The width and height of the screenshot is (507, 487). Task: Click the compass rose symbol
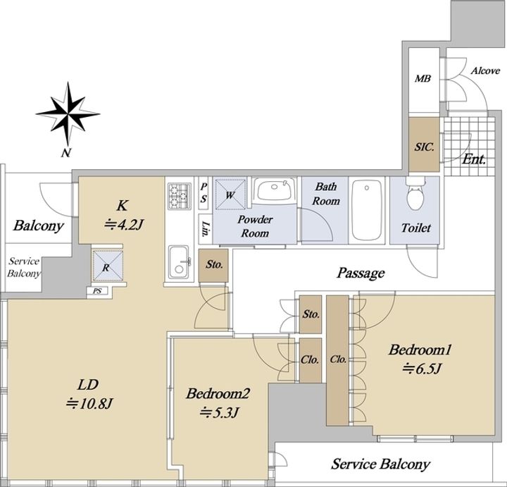coord(68,114)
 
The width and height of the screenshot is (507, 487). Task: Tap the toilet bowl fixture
coord(416,194)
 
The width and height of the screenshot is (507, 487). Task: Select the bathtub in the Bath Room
coord(367,210)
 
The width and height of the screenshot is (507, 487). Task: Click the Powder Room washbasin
coord(274,190)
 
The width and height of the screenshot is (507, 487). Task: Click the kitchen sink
coord(179,262)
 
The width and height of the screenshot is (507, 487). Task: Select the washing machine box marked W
coord(230,194)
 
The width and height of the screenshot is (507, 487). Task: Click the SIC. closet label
coord(424,147)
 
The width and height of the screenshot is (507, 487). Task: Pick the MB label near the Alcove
coord(423,78)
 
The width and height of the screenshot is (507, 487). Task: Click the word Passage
coord(361,273)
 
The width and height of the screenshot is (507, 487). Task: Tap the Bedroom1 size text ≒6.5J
coord(422,368)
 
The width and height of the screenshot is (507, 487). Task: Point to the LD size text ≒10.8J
coord(89,403)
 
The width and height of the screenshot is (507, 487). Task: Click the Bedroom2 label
coord(218,394)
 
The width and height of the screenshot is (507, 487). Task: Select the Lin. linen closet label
coord(205,229)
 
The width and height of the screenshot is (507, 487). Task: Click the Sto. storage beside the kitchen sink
coord(213,265)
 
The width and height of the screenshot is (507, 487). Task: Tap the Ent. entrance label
coord(475,159)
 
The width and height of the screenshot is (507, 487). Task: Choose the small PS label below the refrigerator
coord(97,291)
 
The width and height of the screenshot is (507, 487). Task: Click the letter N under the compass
coord(66,153)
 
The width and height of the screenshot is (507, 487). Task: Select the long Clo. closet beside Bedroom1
coord(337,360)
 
